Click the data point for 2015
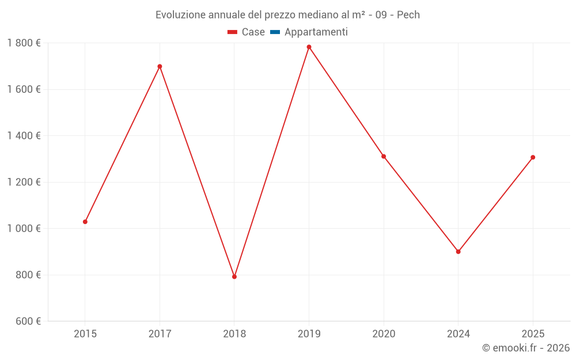[85, 222]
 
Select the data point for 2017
[160, 66]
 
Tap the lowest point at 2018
[234, 276]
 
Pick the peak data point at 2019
[309, 47]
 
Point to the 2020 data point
[384, 156]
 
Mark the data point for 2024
[458, 252]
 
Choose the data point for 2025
[533, 157]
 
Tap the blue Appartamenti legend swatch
[275, 32]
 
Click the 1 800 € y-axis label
[24, 43]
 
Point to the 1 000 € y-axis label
[24, 229]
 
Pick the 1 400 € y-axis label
[24, 136]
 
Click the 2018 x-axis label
[234, 334]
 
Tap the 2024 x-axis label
[458, 334]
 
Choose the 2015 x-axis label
[85, 334]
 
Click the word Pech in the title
[408, 14]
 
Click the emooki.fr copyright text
[526, 348]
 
